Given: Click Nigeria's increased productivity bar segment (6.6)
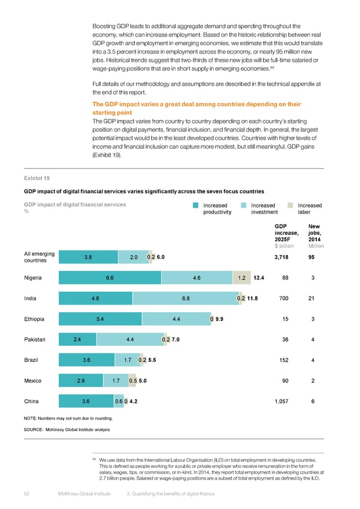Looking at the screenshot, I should [x=110, y=277].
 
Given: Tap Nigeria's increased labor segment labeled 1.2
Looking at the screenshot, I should [x=241, y=277].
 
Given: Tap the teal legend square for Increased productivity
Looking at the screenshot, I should [x=196, y=205].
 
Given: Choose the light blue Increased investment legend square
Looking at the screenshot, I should [x=243, y=205].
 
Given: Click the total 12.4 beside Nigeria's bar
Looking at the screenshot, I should [x=260, y=277].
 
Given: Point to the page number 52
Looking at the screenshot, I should [x=28, y=494].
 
